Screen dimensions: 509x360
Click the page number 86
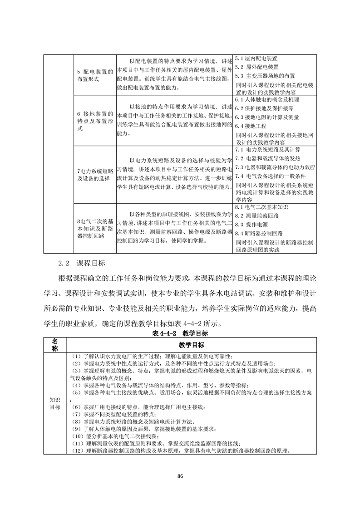pyautogui.click(x=180, y=476)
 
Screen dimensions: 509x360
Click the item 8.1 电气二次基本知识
pyautogui.click(x=261, y=207)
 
